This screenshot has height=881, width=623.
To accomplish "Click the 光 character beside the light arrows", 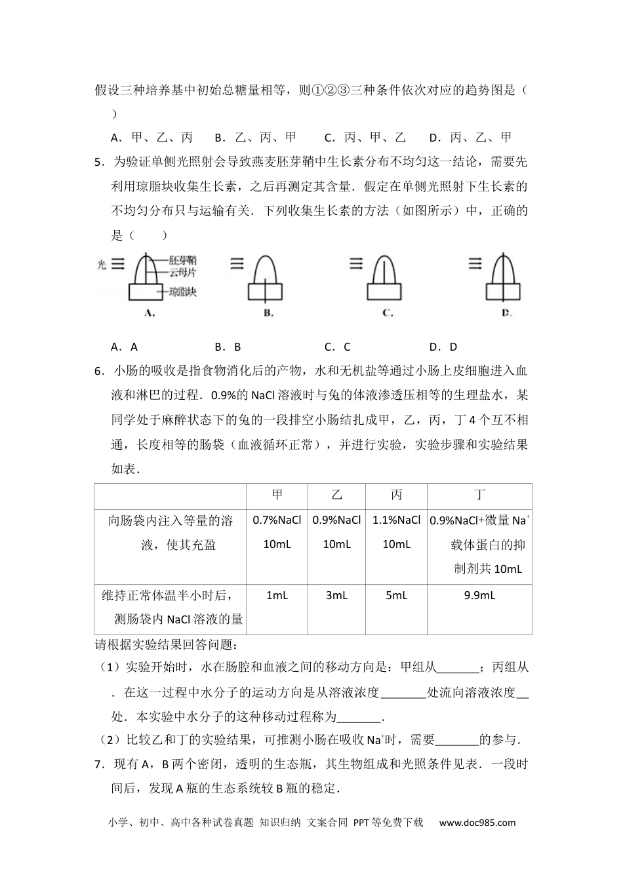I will (101, 265).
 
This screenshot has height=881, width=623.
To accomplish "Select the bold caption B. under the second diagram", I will (268, 313).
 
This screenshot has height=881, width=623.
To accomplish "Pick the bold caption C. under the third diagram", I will (387, 313).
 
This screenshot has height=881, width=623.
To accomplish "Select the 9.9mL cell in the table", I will (479, 595).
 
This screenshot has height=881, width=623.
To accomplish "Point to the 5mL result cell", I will (396, 595).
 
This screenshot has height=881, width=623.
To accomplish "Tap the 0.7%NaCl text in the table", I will (277, 520).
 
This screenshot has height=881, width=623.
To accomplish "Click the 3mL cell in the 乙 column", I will (336, 595).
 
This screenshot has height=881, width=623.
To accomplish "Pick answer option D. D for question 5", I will (443, 347).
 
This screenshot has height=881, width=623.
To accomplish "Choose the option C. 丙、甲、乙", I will (366, 138).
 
